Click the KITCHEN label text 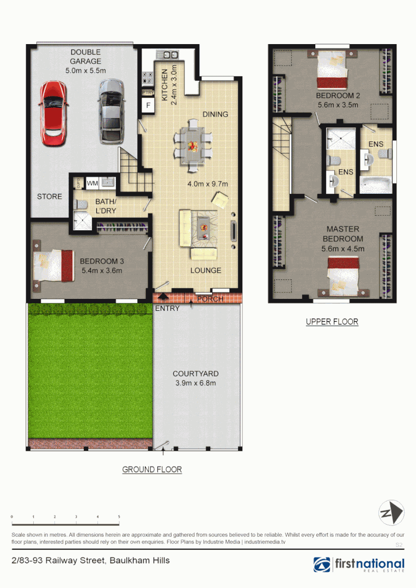(166, 84)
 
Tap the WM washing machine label (93, 183)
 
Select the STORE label (50, 197)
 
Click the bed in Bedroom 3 (54, 266)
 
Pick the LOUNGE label (206, 271)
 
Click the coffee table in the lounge (204, 227)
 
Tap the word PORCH (210, 299)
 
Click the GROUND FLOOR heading (152, 469)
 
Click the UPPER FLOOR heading (332, 322)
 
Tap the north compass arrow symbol (391, 513)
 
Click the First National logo (359, 565)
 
